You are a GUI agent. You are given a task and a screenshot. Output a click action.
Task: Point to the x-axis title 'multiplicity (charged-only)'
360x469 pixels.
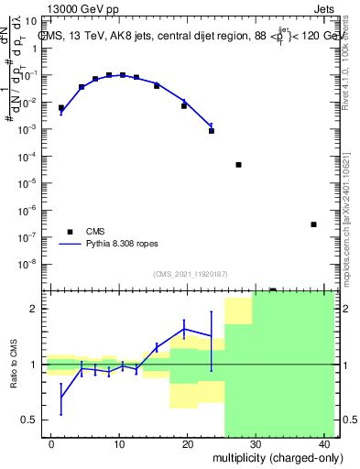[274, 456]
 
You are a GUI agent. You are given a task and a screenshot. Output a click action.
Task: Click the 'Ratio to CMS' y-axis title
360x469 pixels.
[14, 364]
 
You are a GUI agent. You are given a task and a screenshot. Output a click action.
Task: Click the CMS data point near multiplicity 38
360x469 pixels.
[313, 224]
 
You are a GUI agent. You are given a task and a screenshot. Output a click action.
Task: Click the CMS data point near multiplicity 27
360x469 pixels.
[238, 165]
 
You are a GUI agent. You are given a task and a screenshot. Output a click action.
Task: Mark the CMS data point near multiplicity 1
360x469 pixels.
[61, 108]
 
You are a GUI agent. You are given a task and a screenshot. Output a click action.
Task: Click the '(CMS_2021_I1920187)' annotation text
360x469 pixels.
[190, 274]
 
